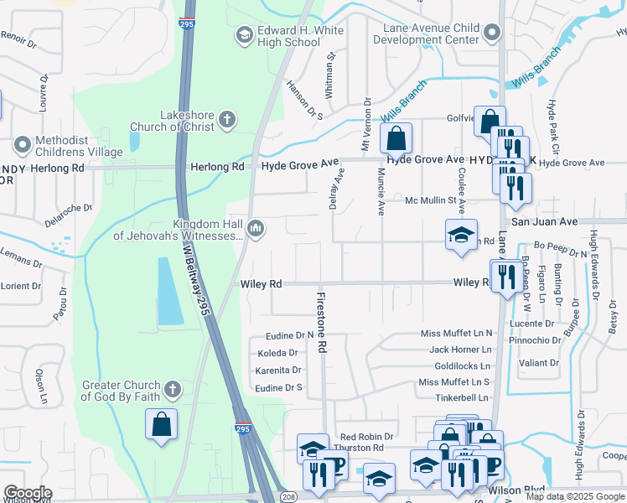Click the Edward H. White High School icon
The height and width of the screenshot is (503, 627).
(244, 34)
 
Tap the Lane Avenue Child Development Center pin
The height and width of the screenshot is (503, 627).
(492, 34)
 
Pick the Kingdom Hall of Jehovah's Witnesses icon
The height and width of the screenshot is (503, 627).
(256, 228)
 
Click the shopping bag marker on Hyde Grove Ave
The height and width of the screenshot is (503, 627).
(396, 137)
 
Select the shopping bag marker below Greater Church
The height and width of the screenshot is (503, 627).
(162, 424)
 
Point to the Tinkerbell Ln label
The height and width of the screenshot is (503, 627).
(461, 397)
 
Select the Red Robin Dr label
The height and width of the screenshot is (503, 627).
(366, 437)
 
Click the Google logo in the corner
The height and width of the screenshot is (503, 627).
(28, 493)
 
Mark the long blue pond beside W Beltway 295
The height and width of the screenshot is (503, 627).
(170, 291)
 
